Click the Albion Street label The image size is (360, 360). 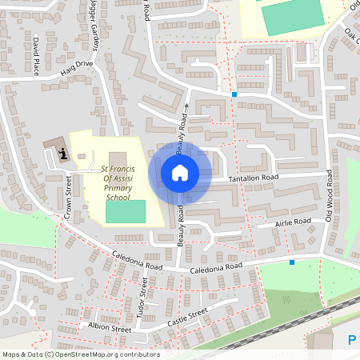[110, 328]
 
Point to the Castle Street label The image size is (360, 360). [187, 318]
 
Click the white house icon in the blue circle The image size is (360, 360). [180, 172]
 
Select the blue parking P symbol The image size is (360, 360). [352, 341]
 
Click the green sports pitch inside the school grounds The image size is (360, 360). [126, 211]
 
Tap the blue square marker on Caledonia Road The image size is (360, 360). [292, 262]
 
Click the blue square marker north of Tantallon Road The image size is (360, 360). [234, 95]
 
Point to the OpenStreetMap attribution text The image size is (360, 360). [81, 354]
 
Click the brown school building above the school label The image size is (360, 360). [118, 158]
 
